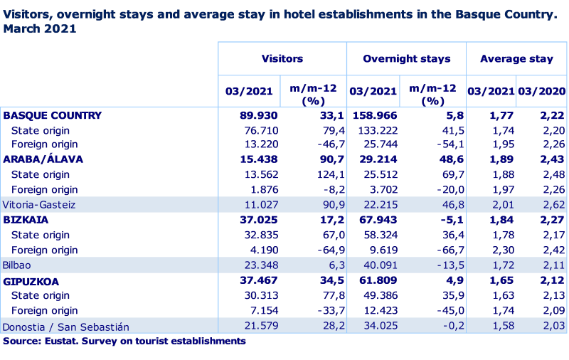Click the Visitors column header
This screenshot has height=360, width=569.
[282, 59]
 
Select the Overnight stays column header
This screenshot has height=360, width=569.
[406, 59]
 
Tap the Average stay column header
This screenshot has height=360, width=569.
[516, 59]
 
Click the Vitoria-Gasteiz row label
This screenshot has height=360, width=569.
[39, 204]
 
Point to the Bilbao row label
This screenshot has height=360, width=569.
[17, 265]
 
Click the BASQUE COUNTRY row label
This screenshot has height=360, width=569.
[52, 115]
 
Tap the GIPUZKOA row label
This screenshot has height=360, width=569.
[31, 281]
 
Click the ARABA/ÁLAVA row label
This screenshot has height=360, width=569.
[43, 159]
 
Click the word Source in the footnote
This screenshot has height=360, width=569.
[17, 341]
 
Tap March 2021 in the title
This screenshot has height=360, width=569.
[40, 28]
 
